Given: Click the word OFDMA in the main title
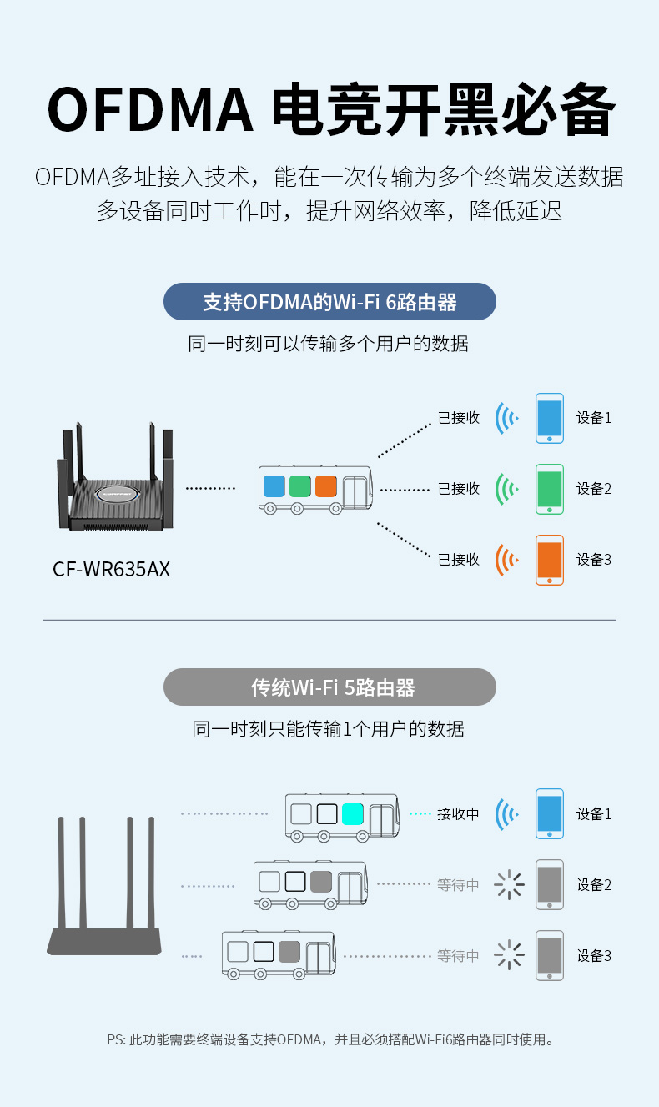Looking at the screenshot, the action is coord(149,109).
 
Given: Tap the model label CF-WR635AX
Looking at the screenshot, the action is coord(111,569).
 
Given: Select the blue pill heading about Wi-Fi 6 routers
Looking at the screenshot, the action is coord(329,301).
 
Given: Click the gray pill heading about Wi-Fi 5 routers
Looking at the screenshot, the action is coord(329,687).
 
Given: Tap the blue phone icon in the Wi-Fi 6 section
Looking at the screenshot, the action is coord(550,418).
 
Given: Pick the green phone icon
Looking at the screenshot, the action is coord(550,489).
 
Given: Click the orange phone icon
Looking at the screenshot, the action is coord(550,560).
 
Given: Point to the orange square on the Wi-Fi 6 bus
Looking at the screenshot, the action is coord(326,486).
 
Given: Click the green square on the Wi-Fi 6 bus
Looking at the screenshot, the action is coord(299,486).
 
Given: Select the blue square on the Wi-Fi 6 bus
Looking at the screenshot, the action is coord(274,486).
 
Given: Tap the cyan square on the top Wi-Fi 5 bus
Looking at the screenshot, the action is coord(353,814).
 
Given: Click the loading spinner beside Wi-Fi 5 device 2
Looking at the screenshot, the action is coord(509,884).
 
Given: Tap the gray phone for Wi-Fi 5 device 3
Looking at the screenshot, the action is coord(550,956).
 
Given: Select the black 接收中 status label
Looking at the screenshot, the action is coord(458,814).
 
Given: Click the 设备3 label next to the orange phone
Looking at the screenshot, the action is coord(594,560).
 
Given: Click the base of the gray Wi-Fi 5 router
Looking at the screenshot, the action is coord(104,942).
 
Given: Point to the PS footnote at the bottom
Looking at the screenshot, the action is coord(329,1039).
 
